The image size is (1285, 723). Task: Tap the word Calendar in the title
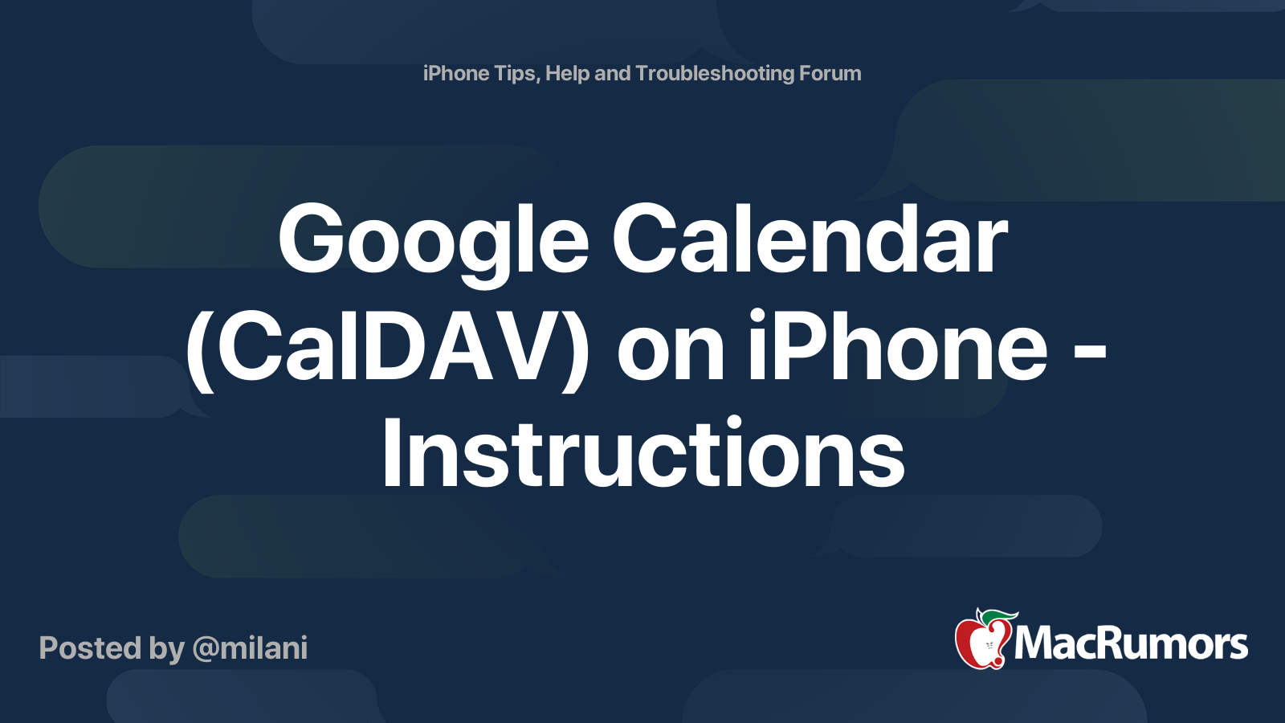pos(809,239)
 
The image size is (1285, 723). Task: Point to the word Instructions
pos(642,454)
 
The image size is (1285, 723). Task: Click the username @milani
pos(250,648)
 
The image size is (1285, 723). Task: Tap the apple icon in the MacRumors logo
pos(981,642)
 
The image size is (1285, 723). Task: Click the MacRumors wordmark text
pos(1131,643)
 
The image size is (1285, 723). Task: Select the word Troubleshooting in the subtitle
pos(715,73)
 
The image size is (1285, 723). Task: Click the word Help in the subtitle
pos(568,74)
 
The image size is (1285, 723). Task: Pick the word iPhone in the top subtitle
pos(456,74)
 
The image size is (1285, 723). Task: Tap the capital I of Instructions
pos(391,454)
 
